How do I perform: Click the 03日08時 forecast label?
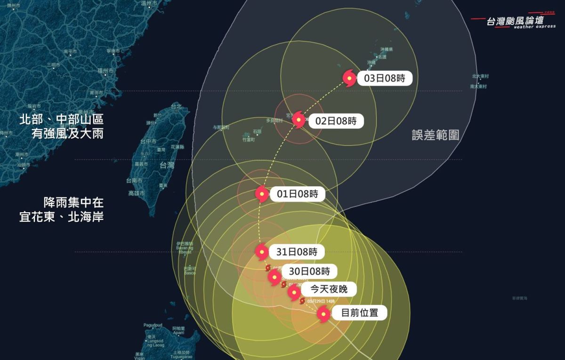click(384, 78)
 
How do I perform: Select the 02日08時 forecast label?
click(336, 120)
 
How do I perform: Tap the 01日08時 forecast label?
click(297, 194)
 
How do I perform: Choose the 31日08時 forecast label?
click(297, 252)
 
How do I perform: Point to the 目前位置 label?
click(359, 312)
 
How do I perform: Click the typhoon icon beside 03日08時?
click(349, 78)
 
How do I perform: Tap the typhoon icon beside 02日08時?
click(299, 120)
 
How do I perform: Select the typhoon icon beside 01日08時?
click(262, 194)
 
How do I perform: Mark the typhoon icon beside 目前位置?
click(323, 313)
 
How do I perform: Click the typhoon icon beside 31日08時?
click(262, 252)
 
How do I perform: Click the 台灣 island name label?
click(167, 165)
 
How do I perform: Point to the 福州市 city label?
click(105, 71)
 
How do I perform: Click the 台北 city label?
click(176, 107)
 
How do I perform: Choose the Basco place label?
click(189, 272)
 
